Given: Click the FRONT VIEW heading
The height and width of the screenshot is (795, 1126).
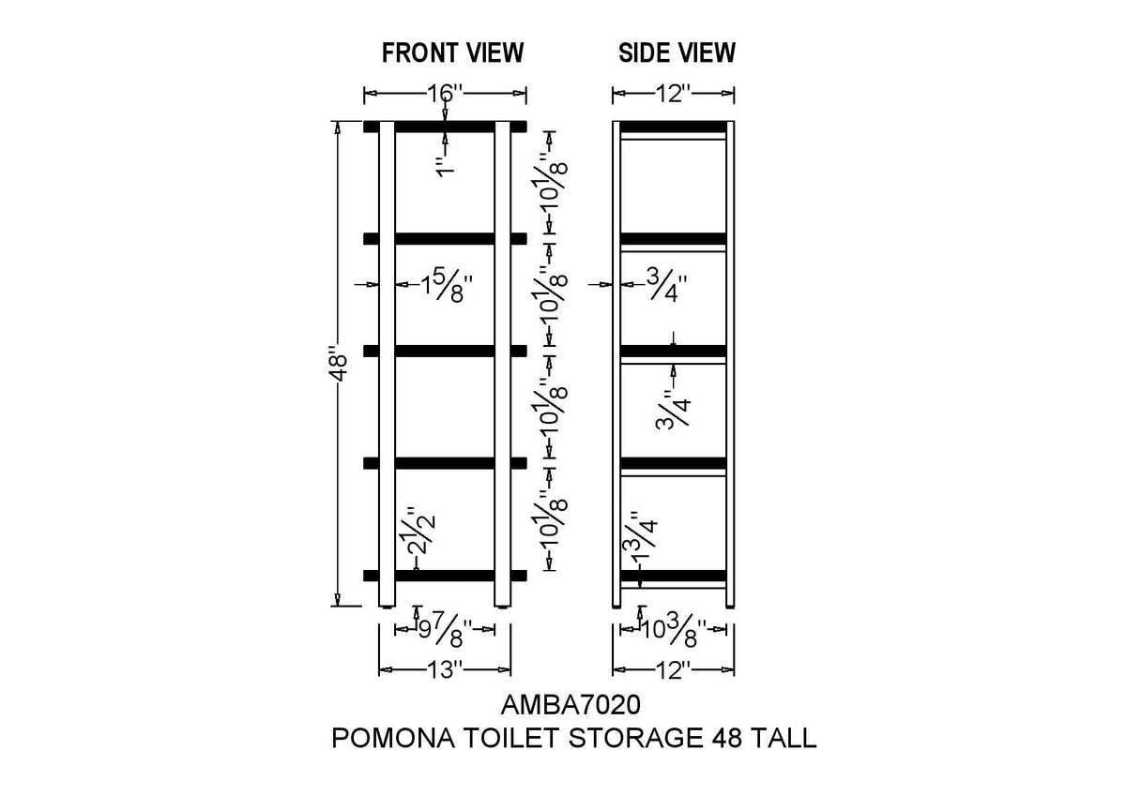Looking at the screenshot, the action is (452, 52).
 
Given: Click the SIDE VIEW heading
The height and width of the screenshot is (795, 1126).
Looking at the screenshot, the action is (677, 52).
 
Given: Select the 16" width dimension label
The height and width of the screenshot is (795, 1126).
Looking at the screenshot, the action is (445, 94).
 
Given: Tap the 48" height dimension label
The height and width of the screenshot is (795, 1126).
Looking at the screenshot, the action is (340, 363).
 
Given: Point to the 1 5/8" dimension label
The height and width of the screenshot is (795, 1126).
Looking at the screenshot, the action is (447, 286).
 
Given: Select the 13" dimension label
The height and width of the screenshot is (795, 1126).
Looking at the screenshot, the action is (445, 669).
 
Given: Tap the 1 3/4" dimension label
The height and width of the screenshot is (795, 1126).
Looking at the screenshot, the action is (645, 537).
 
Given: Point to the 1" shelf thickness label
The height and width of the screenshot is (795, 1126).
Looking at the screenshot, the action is (445, 167).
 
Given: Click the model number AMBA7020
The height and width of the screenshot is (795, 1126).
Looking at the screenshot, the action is (571, 705).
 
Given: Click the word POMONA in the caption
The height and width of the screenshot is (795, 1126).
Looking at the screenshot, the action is (393, 738).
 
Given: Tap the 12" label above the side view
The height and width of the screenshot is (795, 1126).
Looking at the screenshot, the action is (674, 94).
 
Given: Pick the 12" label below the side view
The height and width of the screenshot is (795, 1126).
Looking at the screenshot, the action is (674, 669).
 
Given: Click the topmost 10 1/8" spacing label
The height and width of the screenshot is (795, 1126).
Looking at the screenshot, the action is (554, 181).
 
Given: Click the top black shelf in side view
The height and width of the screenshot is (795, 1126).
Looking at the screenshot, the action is (673, 127).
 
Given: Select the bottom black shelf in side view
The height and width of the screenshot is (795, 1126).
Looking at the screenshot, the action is (673, 576).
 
